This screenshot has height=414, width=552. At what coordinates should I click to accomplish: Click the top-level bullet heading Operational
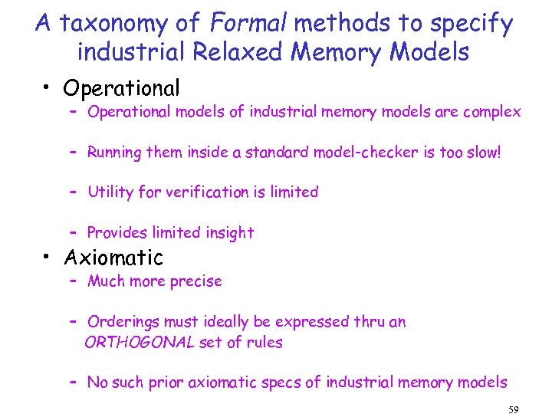pos(122,89)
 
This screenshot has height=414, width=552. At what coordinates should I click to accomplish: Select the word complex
pos(491,113)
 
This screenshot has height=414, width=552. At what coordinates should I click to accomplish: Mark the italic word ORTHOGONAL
pos(139,342)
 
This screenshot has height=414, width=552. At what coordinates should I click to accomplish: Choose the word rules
pos(264,342)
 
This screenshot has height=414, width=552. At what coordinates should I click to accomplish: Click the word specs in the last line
pos(296,382)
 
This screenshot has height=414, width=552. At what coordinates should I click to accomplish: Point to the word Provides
pos(116,232)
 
